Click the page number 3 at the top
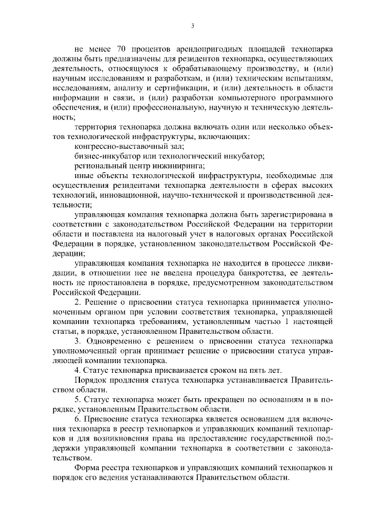(x=192, y=25)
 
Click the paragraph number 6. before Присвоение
(x=78, y=422)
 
